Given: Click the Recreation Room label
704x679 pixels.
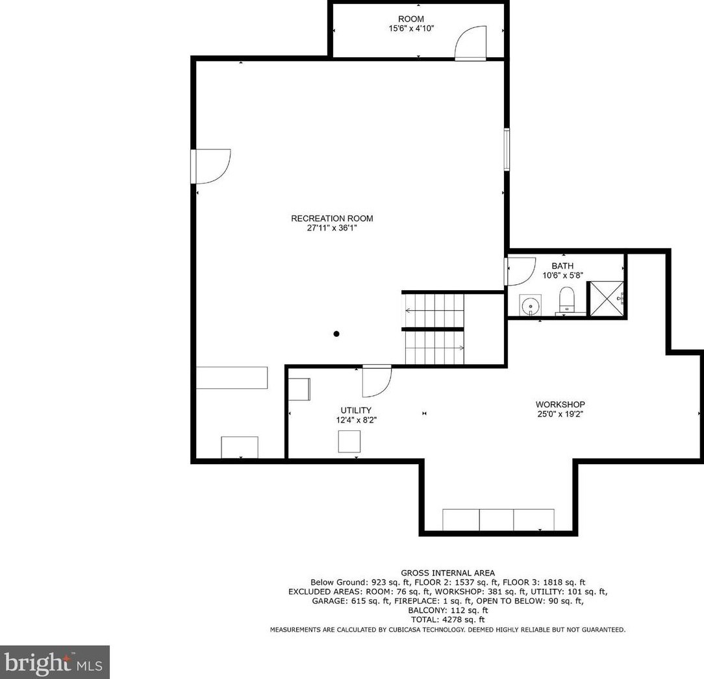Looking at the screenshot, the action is pos(332,219).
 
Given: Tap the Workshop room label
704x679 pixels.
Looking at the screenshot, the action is pos(560,404).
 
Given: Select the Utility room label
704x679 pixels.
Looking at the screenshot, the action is pos(356,410).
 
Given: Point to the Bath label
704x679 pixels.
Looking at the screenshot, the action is pos(562,265).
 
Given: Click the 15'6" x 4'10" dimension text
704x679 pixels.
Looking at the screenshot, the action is pos(411,29).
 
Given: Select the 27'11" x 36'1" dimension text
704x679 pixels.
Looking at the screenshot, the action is pos(332,228).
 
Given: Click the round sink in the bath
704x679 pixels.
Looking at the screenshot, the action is pos(531,306).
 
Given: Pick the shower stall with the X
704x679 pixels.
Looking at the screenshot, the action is pos(606,299).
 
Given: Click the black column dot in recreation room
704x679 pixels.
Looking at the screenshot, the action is pos(336,334).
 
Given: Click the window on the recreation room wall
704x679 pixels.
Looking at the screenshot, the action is pos(507,149).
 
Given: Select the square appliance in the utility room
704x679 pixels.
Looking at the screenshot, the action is pos(349,441).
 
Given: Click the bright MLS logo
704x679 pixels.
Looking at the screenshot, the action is pos(55,662).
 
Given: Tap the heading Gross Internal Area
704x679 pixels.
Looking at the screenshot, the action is pos(447,573).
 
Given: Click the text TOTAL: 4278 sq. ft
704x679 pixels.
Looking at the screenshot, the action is pos(447,620).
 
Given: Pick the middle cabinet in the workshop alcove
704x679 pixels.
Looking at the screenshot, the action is pos(497,520).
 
